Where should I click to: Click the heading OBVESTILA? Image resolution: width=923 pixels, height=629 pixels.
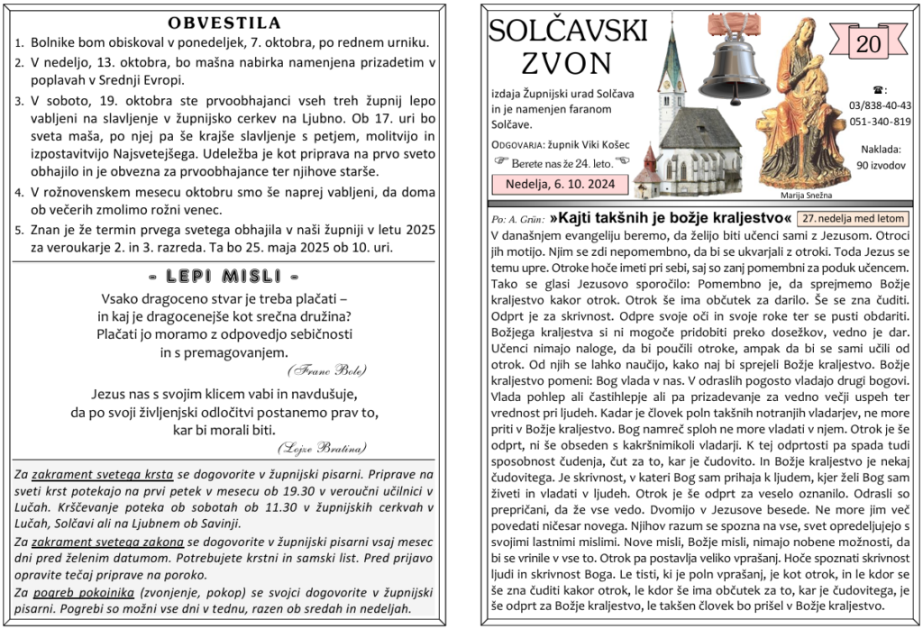[224, 23]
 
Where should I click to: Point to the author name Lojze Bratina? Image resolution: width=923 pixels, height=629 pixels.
[322, 447]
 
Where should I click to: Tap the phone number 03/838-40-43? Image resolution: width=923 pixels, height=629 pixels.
[880, 105]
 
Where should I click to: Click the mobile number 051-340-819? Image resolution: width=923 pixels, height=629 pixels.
[880, 122]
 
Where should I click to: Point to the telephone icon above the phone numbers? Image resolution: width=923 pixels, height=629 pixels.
[879, 90]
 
